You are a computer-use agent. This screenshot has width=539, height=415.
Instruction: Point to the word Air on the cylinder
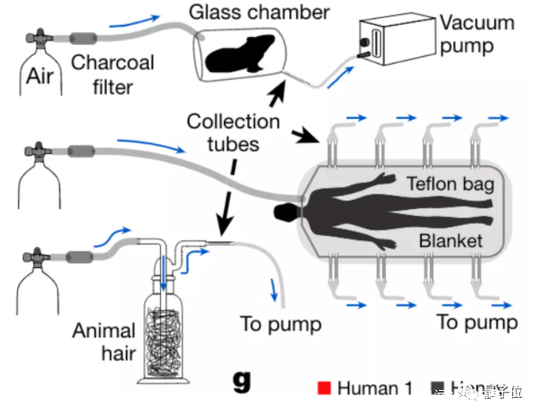[x=40, y=77]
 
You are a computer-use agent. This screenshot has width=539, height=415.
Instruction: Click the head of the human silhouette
[x=282, y=212]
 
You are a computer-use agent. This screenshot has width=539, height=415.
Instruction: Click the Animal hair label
[x=103, y=342]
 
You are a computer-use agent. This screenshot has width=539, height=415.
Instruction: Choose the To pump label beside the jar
[x=281, y=324]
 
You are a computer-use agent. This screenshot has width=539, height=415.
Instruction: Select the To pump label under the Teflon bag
[x=477, y=322]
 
